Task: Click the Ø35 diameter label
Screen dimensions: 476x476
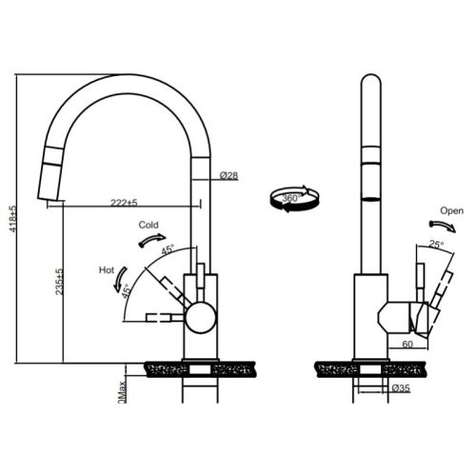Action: (400, 389)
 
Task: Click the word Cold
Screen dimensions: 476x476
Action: (148, 226)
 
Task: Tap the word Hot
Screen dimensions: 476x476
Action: (108, 270)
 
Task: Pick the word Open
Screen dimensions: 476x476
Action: (451, 209)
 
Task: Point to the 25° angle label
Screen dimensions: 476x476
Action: (436, 246)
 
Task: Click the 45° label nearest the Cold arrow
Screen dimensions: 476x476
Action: (168, 250)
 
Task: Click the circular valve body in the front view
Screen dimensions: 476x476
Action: (200, 317)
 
